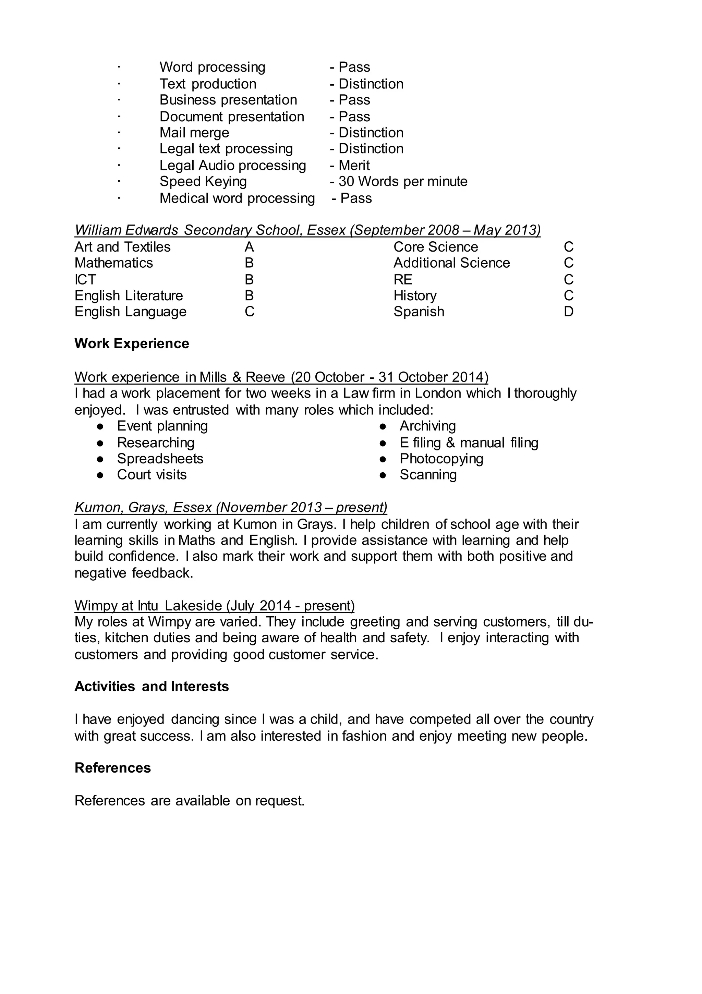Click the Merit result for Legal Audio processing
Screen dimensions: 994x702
click(x=354, y=165)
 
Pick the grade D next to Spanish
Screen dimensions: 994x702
click(x=568, y=311)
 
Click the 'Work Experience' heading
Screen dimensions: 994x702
click(x=132, y=343)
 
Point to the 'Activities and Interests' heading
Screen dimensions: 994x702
click(x=152, y=686)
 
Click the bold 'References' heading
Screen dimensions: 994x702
click(x=112, y=767)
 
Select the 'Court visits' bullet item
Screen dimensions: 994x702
click(x=152, y=474)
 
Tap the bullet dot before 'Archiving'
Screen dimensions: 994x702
click(x=383, y=426)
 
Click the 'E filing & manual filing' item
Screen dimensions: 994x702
click(x=469, y=443)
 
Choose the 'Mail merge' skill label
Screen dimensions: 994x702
click(x=194, y=132)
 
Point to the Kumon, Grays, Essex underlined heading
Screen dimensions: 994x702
click(x=230, y=507)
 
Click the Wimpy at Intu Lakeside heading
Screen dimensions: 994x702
click(x=214, y=605)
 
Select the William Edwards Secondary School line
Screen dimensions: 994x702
click(x=307, y=230)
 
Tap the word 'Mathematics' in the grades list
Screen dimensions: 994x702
click(x=113, y=263)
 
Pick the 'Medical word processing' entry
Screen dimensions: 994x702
click(x=237, y=198)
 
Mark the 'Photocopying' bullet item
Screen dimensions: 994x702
click(x=441, y=459)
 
